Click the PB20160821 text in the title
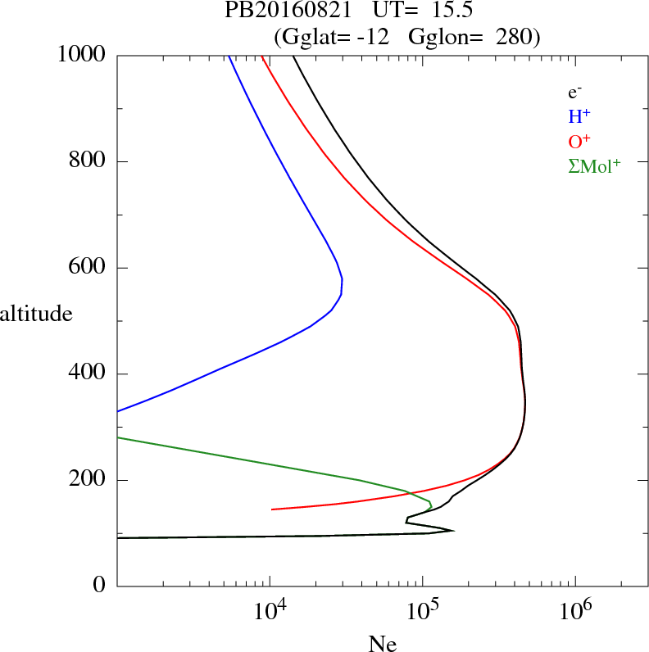tap(278, 11)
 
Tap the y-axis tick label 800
tap(88, 161)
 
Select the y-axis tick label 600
tap(88, 268)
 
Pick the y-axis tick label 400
tap(88, 374)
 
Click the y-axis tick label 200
tap(88, 480)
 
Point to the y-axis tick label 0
tap(101, 586)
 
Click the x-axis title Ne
tap(382, 644)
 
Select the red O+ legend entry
tap(579, 141)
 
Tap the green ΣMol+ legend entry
tap(594, 165)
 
